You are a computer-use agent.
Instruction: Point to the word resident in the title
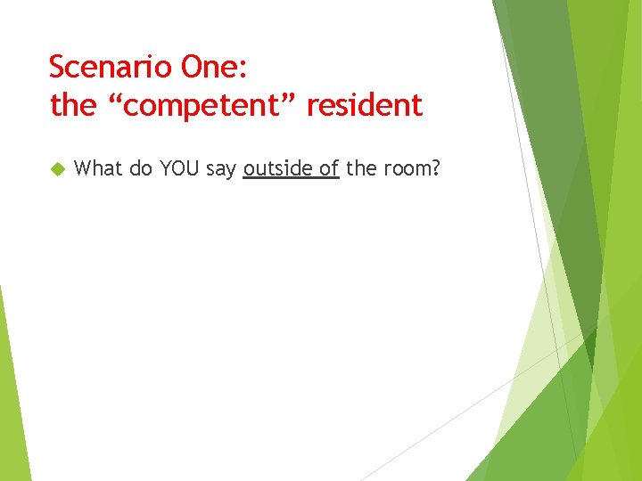coord(364,106)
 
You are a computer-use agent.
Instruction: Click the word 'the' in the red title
coord(72,106)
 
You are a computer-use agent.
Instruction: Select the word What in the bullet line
coord(99,167)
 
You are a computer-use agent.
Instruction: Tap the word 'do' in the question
coord(141,167)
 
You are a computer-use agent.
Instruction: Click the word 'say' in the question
coord(221,168)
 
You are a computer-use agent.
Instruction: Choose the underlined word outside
coord(278,167)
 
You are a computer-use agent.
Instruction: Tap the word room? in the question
coord(412,168)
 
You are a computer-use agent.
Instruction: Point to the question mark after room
coord(436,167)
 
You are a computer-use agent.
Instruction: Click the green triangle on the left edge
coord(11,392)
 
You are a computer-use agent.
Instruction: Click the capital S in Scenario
coord(57,67)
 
